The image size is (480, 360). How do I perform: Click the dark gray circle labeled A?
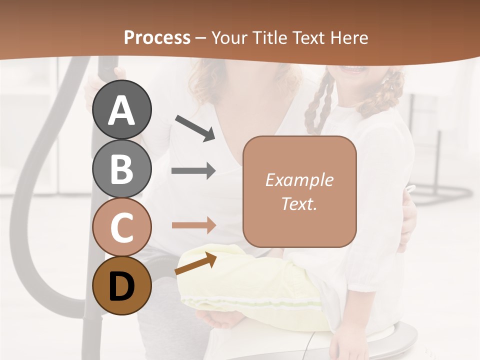coord(121,109)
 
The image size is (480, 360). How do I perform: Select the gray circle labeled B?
coord(121,168)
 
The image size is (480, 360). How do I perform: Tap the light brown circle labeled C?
coord(121,227)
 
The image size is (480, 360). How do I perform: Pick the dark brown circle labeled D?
coord(121,286)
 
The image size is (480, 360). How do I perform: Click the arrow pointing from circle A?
coord(195,127)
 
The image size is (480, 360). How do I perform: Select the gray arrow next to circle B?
coord(193,170)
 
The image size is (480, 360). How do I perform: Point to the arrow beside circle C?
coord(193,225)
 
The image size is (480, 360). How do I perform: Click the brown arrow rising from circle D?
coord(195,264)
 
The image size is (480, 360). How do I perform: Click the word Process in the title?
coord(157,38)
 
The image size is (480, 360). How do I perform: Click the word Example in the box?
coord(299,180)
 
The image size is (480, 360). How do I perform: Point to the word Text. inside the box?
coord(299,203)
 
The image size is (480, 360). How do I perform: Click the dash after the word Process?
coord(201,38)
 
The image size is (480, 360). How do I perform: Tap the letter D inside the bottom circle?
coord(121,287)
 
